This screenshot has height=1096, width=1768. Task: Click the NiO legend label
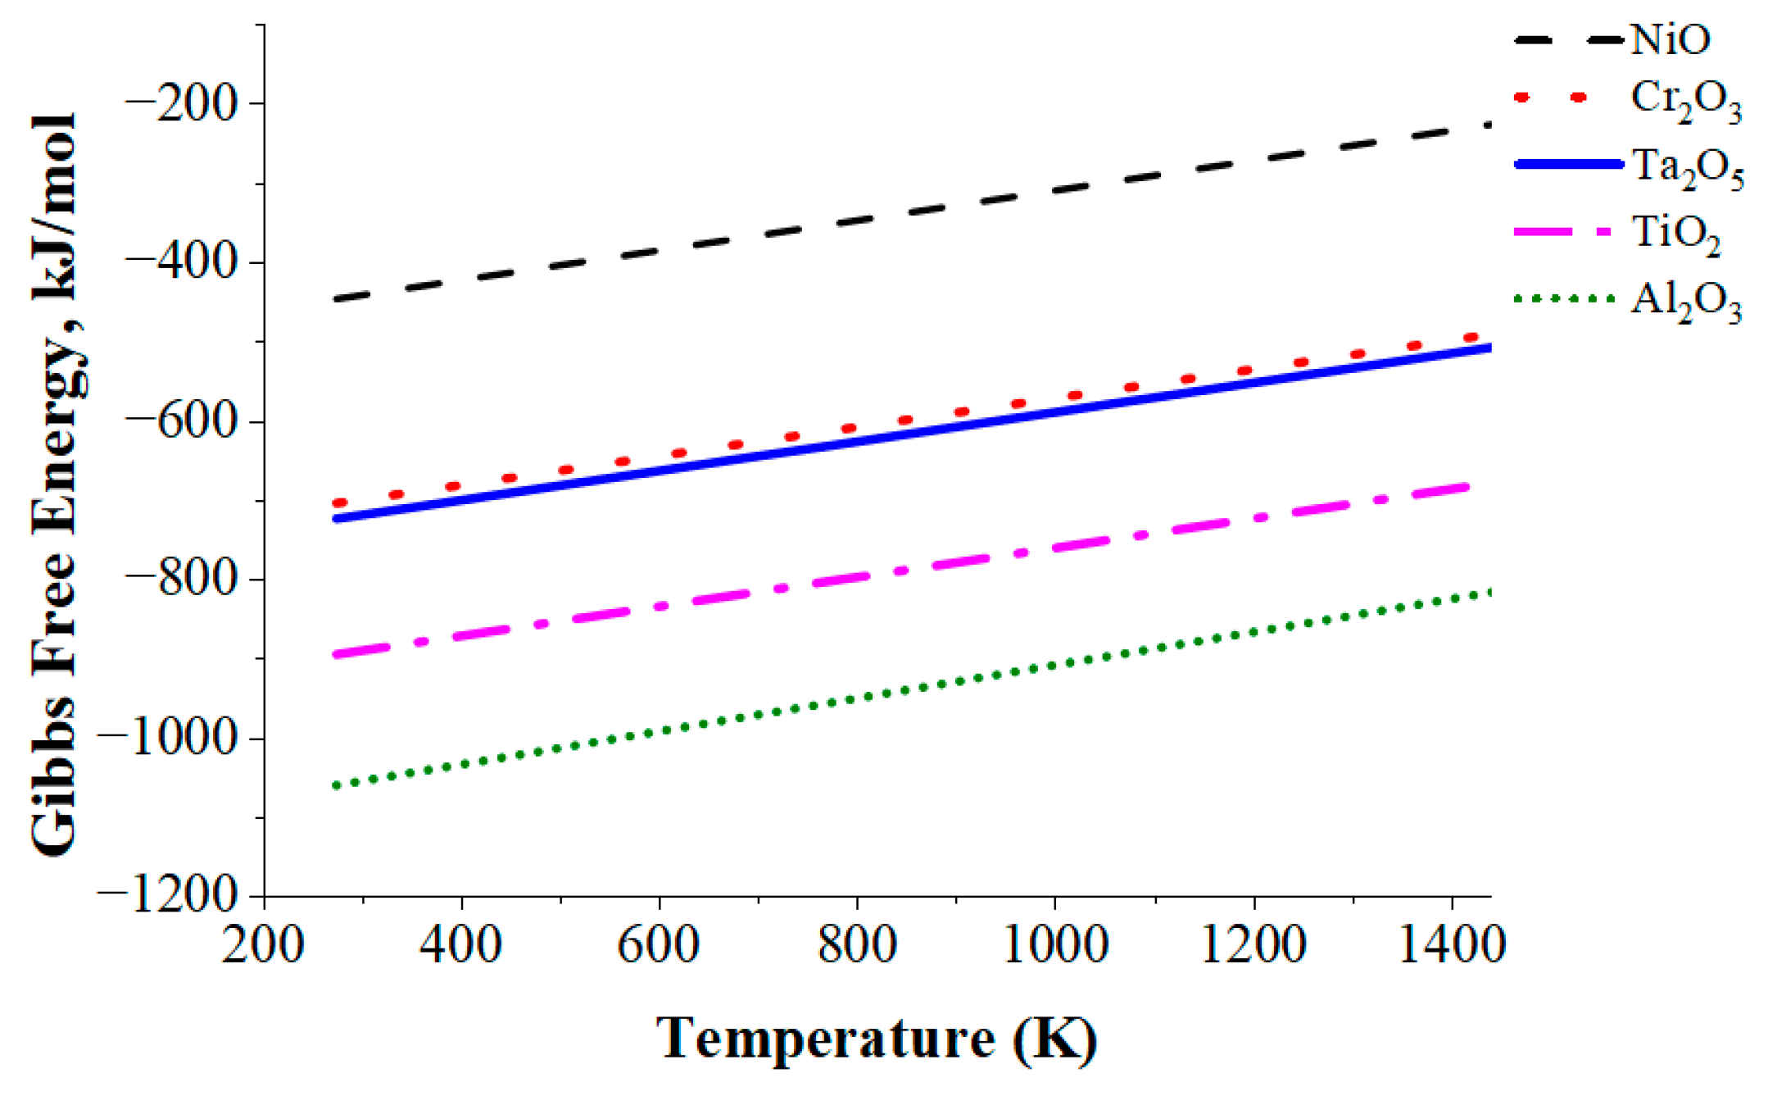[1671, 39]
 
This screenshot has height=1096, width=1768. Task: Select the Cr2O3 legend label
[1686, 102]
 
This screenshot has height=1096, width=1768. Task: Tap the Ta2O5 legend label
[1688, 169]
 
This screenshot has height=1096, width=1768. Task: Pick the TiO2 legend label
[1676, 235]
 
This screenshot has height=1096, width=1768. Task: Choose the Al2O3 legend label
[1686, 302]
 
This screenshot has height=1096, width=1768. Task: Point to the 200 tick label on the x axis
[264, 945]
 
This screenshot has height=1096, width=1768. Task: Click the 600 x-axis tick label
[659, 945]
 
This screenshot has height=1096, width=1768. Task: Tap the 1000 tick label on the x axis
[1055, 945]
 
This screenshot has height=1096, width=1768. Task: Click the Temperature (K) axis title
[877, 1039]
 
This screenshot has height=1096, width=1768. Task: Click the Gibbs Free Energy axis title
[56, 484]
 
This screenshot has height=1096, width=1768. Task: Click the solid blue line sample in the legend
[1569, 165]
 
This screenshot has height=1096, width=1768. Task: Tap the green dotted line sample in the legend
[1565, 299]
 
